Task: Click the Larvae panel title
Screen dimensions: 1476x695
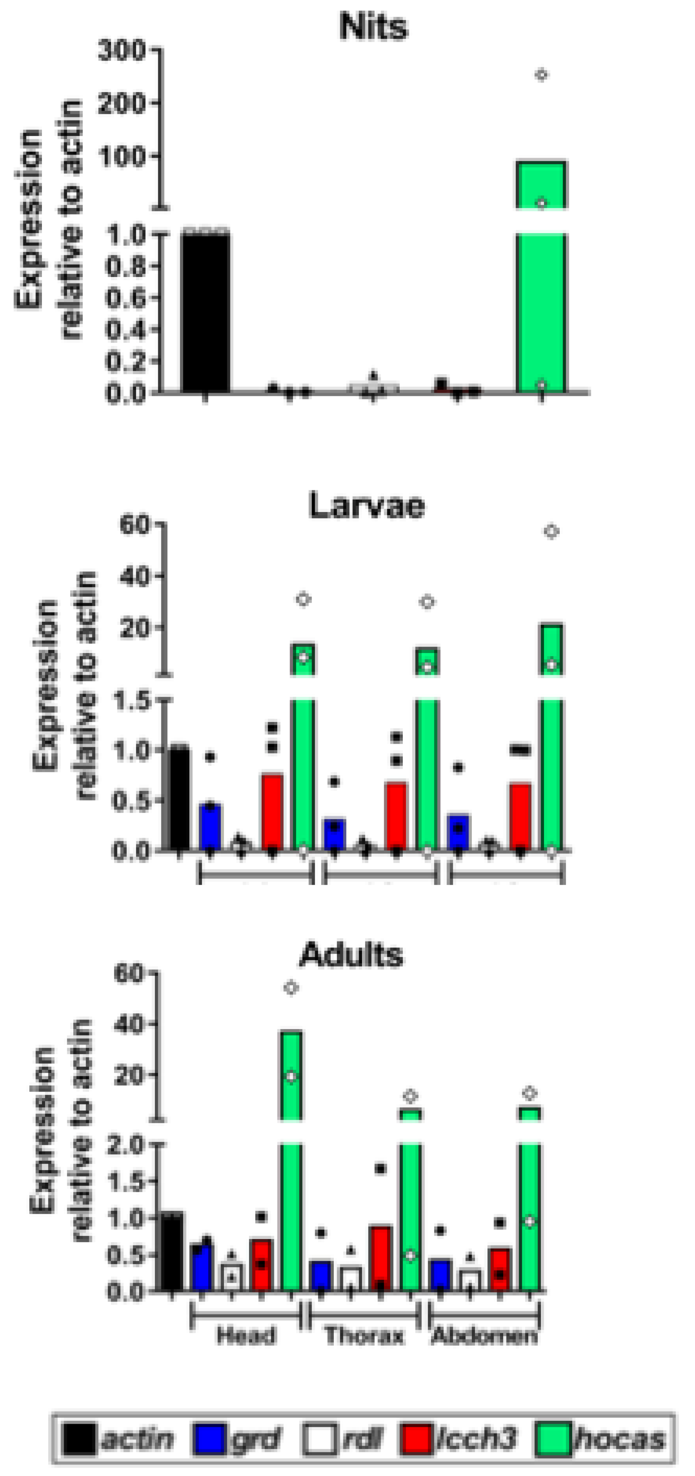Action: point(367,505)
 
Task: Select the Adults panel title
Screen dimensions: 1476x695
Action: point(351,954)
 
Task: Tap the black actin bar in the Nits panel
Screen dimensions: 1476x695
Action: point(205,312)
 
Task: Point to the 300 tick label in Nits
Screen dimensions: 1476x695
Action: point(122,51)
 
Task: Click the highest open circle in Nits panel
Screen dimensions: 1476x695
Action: point(541,75)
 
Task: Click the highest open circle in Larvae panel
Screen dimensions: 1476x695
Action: point(551,532)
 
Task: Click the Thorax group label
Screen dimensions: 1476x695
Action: point(364,1336)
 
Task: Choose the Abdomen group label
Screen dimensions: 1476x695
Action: point(484,1336)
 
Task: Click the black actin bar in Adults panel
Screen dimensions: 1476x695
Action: point(171,1252)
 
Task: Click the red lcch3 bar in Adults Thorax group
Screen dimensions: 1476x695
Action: point(381,1259)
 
